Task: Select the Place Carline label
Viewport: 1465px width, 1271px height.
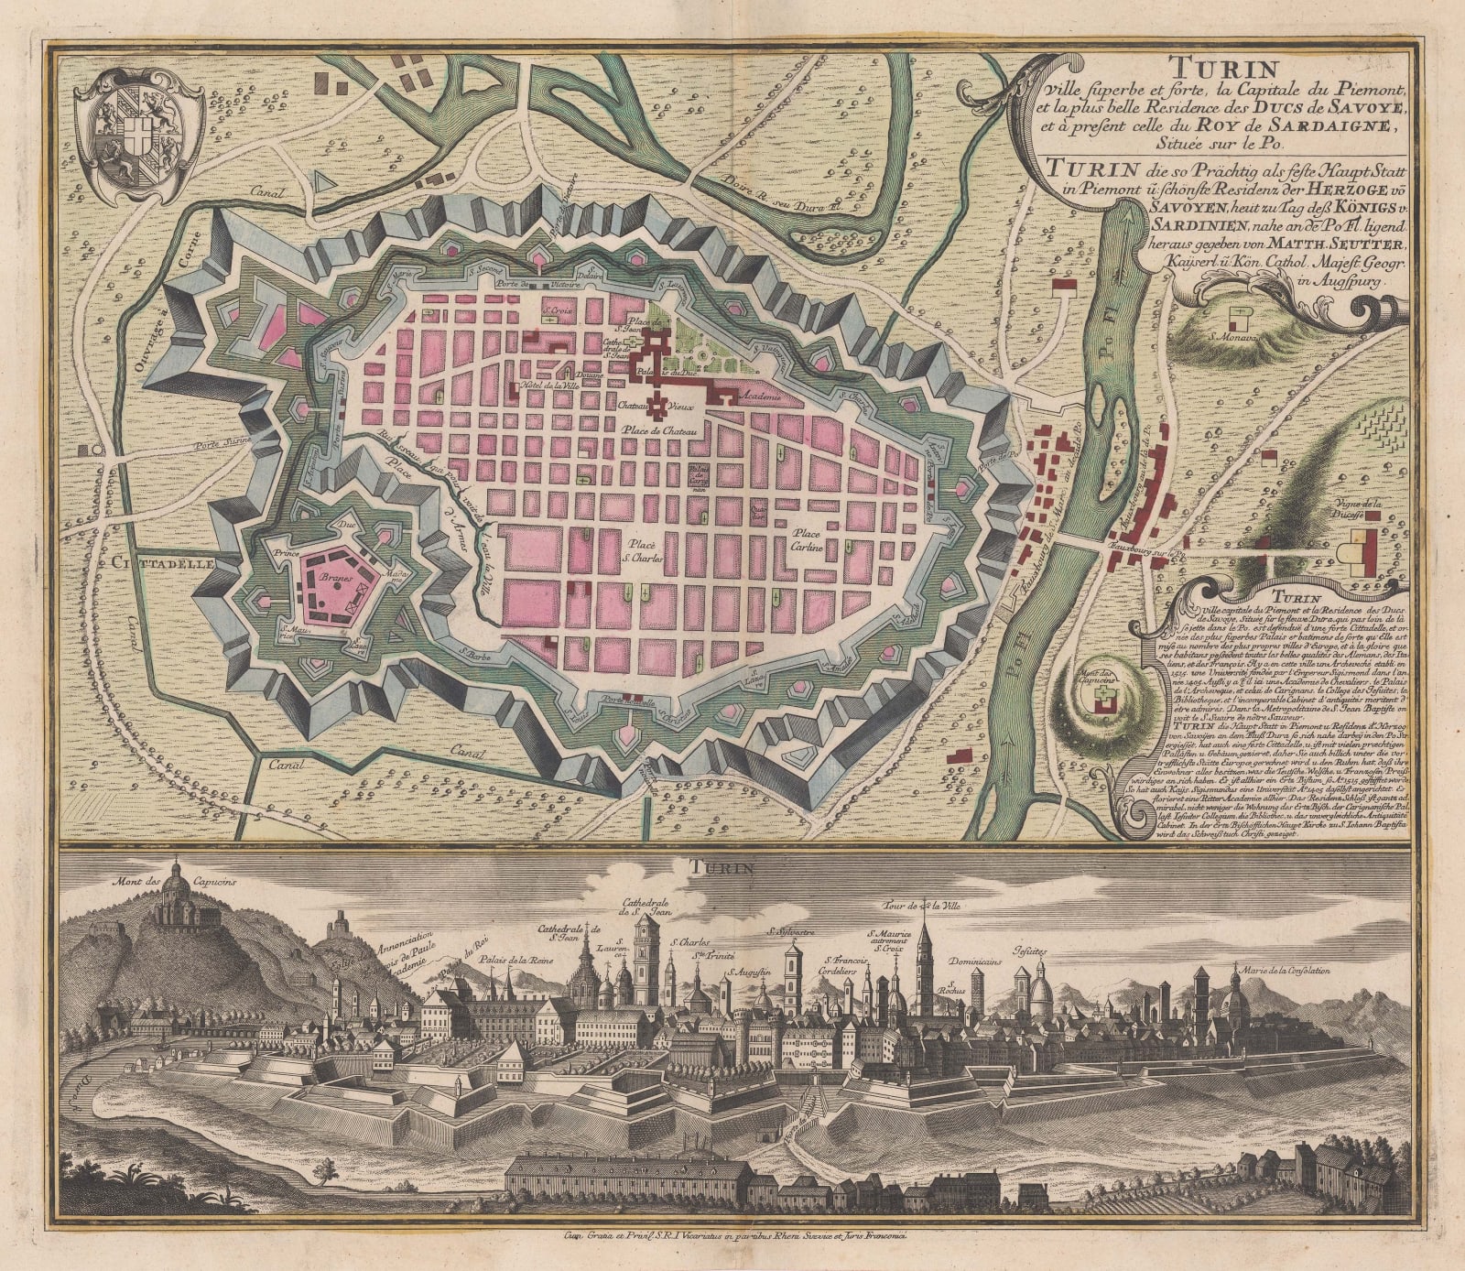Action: click(809, 539)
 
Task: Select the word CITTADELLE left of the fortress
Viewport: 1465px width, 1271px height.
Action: click(163, 565)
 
